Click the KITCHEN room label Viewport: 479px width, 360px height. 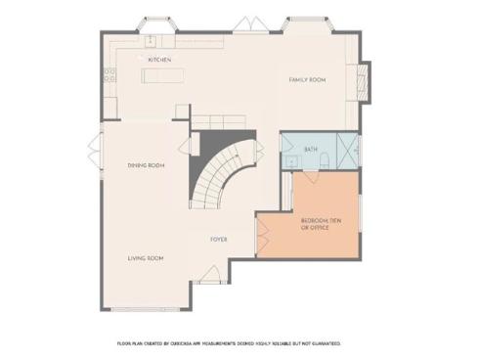pos(159,60)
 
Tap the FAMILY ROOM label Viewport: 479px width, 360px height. pos(306,79)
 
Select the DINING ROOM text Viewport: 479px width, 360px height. pos(146,166)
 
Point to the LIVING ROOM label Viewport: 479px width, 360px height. pos(146,258)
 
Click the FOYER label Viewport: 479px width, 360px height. pos(220,239)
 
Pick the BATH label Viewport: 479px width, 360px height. pos(311,150)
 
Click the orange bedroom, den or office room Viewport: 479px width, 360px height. pos(313,225)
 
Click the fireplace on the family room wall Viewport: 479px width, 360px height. pos(366,80)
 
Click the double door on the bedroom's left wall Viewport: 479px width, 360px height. pos(261,235)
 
